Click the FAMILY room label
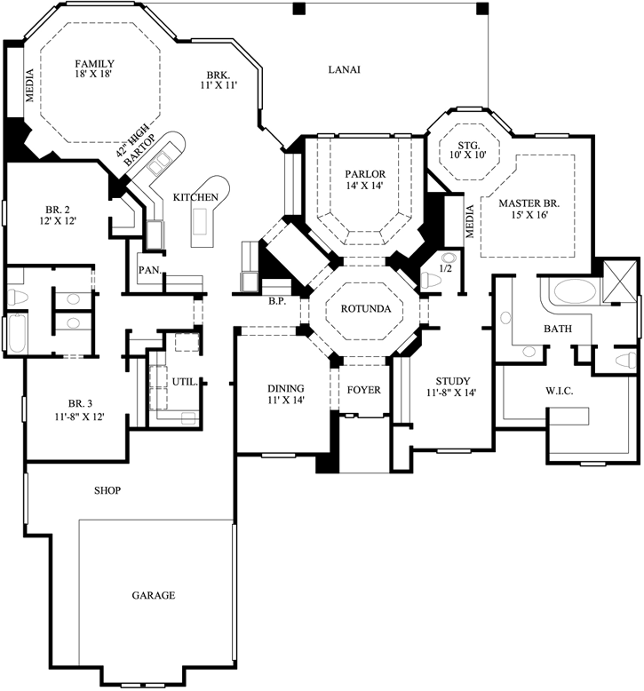tap(94, 69)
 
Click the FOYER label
tap(362, 389)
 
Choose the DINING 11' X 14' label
tap(286, 394)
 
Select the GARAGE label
tap(154, 595)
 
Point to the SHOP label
tap(107, 490)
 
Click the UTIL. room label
tap(185, 381)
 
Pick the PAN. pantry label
tap(147, 270)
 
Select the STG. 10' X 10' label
tap(468, 151)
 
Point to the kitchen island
tap(204, 223)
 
